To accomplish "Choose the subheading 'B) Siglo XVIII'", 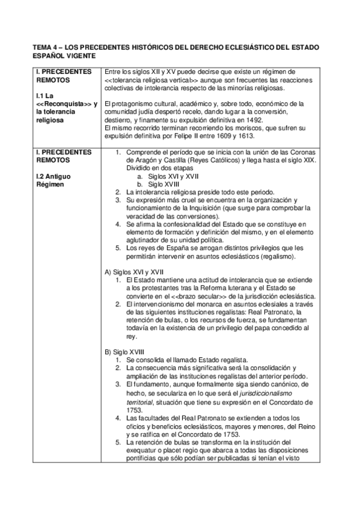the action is coord(124,351).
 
